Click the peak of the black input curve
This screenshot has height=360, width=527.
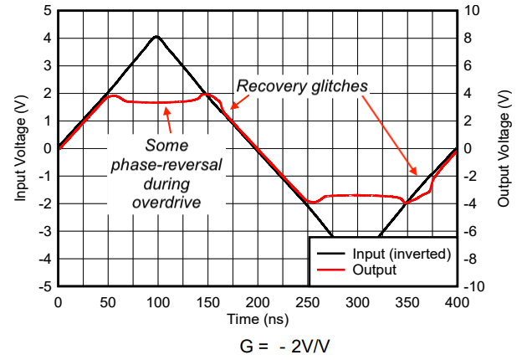(x=156, y=37)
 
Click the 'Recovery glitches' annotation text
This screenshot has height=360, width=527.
(x=302, y=86)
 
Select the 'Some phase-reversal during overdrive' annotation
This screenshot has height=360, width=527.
(x=166, y=172)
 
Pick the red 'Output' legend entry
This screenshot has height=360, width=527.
(x=376, y=270)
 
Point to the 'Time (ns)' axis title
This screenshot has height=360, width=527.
(x=257, y=319)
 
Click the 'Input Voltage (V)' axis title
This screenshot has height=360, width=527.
(x=18, y=148)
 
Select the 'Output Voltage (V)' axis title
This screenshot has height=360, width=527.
(x=504, y=148)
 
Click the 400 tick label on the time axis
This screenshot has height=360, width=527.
(x=457, y=301)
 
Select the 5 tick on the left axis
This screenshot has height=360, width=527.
(x=48, y=11)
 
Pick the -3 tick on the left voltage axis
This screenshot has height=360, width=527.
(x=45, y=231)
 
